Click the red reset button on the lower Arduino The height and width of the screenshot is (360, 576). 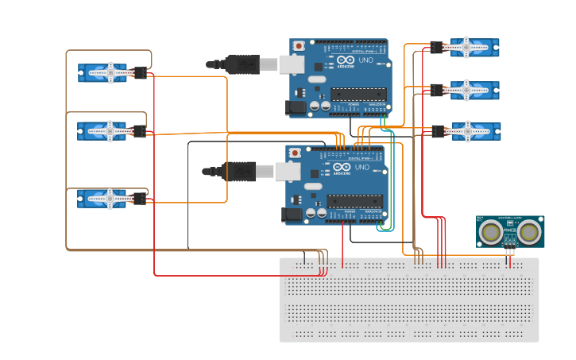click(x=296, y=152)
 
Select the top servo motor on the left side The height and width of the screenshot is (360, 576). click(x=103, y=73)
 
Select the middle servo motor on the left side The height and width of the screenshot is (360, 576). click(x=103, y=130)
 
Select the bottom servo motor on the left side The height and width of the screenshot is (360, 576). click(x=103, y=198)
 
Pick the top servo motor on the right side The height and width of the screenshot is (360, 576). click(x=474, y=48)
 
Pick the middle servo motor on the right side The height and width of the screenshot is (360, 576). click(x=474, y=90)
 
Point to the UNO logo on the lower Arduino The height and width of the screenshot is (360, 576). click(x=361, y=168)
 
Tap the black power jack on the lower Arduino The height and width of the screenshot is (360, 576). click(x=292, y=213)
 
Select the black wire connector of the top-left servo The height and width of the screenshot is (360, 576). click(x=141, y=73)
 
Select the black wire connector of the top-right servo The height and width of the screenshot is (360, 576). click(x=437, y=48)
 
